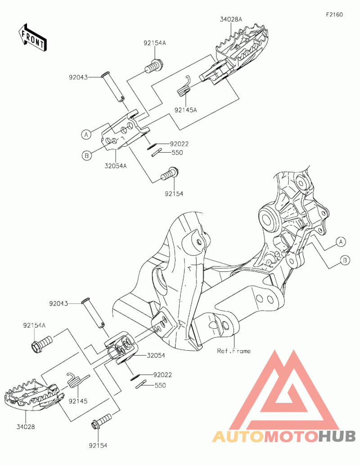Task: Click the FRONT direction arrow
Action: pos(32,38)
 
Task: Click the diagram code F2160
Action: pos(334,14)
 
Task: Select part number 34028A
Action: pos(231,19)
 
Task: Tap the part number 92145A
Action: pos(186,110)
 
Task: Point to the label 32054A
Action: pos(115,166)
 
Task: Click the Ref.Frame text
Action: pos(234,351)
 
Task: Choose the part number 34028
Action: pos(26,427)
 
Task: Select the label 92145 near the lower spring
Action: pos(78,401)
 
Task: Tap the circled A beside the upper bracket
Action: pos(86,135)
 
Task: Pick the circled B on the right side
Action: pos(345,260)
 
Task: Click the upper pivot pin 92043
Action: pos(113,86)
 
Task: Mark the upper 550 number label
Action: pos(177,153)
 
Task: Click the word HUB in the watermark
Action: pos(337,436)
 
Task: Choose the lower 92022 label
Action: pos(162,375)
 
